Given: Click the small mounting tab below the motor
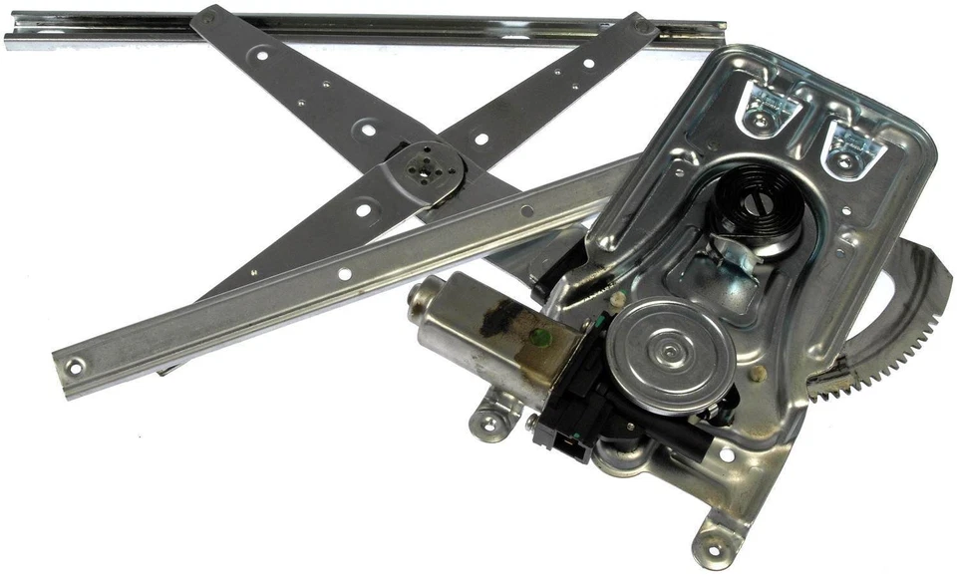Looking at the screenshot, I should click(x=487, y=424).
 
